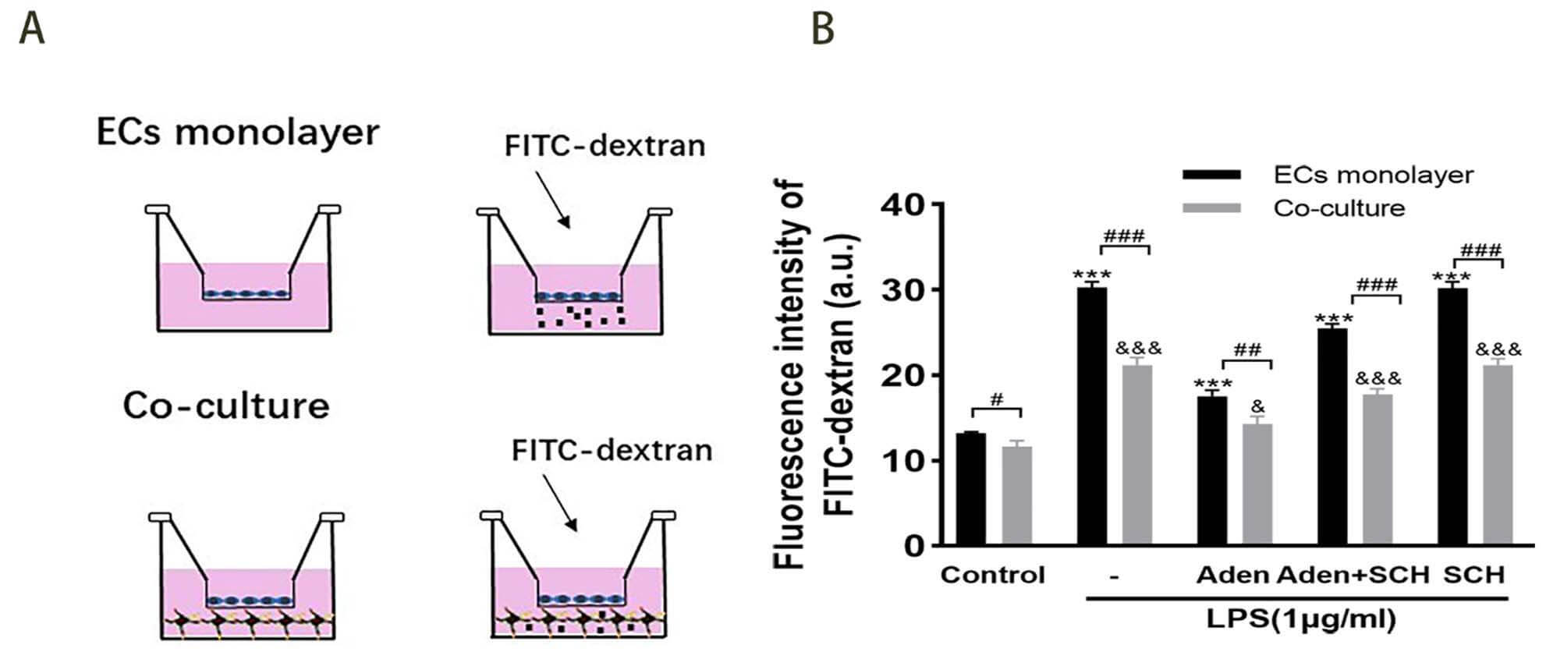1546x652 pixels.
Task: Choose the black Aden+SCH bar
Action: pyautogui.click(x=1332, y=436)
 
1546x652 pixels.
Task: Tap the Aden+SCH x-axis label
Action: pyautogui.click(x=1353, y=576)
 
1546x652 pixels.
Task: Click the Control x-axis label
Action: pyautogui.click(x=992, y=576)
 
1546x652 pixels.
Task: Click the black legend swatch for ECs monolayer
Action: pyautogui.click(x=1211, y=175)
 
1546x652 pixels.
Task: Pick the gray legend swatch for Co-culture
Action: pyautogui.click(x=1211, y=208)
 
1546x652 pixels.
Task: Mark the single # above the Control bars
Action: pyautogui.click(x=996, y=399)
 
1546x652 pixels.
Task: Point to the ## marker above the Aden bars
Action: pyautogui.click(x=1247, y=350)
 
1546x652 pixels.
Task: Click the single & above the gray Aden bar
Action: pyautogui.click(x=1257, y=407)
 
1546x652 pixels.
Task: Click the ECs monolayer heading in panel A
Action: pyautogui.click(x=237, y=133)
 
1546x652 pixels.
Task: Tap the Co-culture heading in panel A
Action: pyautogui.click(x=226, y=406)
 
